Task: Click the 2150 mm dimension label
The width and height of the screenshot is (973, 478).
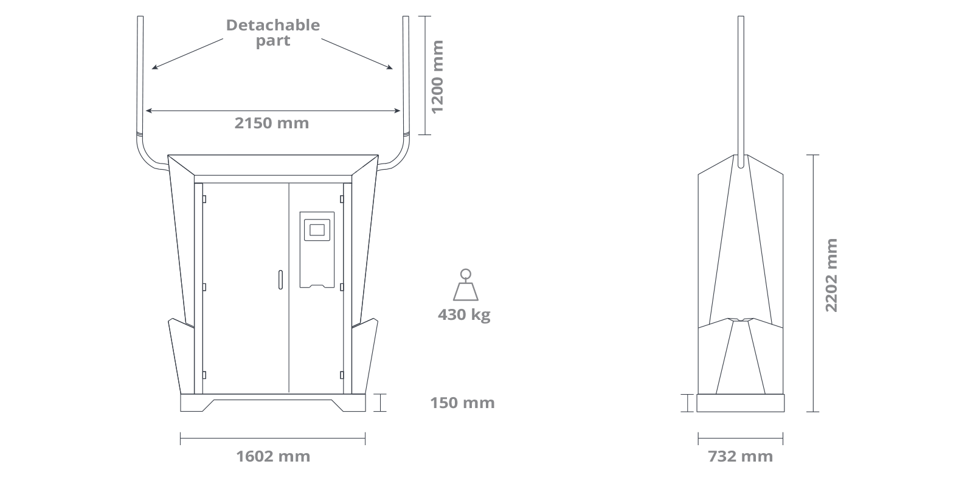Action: click(271, 123)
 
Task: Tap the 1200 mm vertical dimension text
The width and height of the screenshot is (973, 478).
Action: click(437, 77)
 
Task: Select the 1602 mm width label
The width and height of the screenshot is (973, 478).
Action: click(272, 456)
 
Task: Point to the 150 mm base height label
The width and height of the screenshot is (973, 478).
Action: click(462, 403)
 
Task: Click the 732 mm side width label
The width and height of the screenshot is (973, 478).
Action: click(740, 456)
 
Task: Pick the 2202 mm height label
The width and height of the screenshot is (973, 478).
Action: click(831, 275)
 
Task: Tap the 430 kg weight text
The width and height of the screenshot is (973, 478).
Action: click(463, 314)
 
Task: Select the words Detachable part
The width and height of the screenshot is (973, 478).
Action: click(272, 33)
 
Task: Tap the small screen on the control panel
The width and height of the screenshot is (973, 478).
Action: click(317, 230)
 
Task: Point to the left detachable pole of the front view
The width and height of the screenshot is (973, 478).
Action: click(140, 73)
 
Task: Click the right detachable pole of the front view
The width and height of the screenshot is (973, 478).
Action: click(406, 73)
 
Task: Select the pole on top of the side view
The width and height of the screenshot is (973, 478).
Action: click(740, 85)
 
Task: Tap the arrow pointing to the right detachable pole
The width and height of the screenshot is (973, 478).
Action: click(358, 54)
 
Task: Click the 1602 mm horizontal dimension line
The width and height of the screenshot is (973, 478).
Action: click(272, 438)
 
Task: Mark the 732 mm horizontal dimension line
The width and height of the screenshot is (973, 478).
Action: click(740, 438)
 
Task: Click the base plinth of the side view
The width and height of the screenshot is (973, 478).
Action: click(740, 403)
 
